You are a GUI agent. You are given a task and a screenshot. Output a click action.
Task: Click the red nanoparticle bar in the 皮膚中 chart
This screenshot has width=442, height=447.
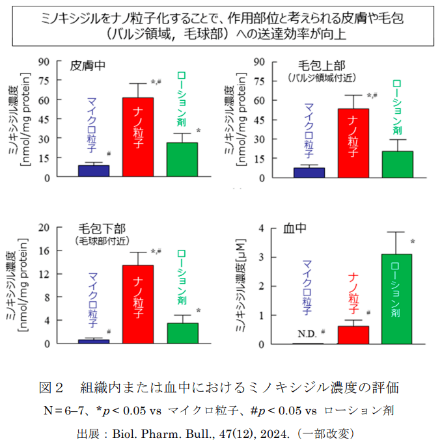pos(138,137)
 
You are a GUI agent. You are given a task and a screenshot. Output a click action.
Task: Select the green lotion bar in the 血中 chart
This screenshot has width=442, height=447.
pos(396,299)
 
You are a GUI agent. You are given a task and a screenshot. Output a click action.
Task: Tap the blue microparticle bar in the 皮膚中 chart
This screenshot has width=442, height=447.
pos(93,170)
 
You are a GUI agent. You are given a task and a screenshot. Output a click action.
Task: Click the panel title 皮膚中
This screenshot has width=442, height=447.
pos(88,66)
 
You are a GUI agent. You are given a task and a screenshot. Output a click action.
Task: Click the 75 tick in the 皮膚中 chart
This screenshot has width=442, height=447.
pos(44,81)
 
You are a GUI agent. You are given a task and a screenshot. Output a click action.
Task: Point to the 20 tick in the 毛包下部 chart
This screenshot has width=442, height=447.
pos(44,227)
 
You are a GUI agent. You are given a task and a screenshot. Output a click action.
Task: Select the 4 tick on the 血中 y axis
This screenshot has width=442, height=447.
pos(260,228)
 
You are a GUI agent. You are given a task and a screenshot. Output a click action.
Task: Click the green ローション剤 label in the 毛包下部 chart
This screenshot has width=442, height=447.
pos(182,278)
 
